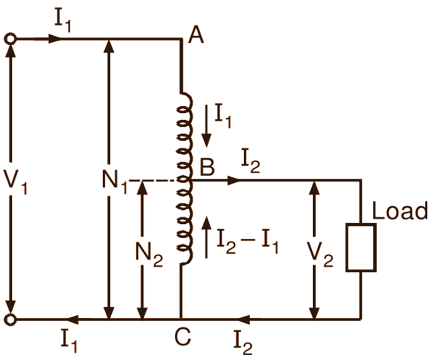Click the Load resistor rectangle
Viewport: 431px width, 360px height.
[x=361, y=248]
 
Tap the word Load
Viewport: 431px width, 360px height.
[x=400, y=211]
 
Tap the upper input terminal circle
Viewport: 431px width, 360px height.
[x=10, y=39]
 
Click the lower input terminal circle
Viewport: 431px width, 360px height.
[x=10, y=320]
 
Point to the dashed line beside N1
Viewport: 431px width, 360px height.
[x=150, y=180]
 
